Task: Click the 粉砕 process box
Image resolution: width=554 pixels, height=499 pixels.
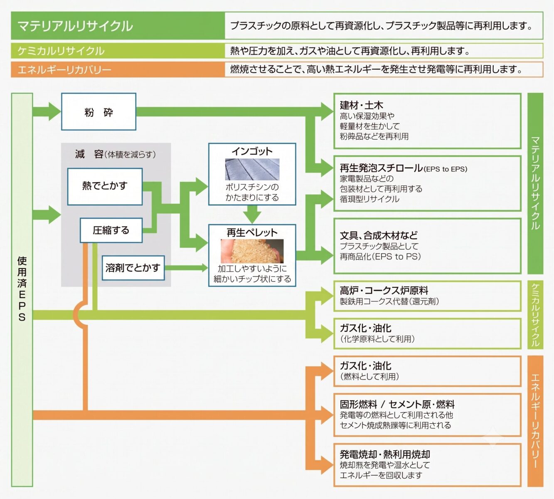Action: (98, 111)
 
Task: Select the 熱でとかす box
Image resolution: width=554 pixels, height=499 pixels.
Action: (105, 186)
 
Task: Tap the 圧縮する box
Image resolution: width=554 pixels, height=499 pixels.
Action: (111, 230)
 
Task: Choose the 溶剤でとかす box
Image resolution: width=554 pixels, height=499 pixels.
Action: (133, 268)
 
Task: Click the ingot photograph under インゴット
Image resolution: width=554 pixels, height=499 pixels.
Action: (252, 169)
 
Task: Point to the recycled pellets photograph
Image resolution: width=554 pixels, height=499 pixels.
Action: (252, 251)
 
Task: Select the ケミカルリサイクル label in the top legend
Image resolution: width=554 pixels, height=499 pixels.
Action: (61, 51)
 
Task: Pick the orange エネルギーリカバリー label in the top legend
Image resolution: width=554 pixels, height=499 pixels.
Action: (64, 69)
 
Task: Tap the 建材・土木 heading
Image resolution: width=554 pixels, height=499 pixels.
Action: (361, 105)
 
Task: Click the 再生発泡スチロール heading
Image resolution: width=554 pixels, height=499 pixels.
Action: (382, 168)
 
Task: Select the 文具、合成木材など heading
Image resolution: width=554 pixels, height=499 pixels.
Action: (379, 235)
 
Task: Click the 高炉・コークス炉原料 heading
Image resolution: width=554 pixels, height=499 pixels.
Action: (384, 290)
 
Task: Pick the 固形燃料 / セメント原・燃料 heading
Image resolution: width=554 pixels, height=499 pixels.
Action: (397, 405)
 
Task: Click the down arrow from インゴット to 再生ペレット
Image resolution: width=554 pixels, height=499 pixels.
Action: (252, 215)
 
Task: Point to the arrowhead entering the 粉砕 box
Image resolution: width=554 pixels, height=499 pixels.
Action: (55, 111)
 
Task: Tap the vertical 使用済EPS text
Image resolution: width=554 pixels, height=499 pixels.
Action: (22, 289)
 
